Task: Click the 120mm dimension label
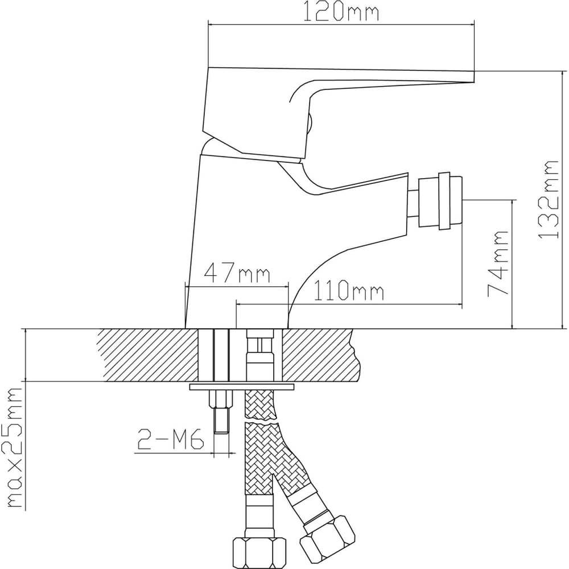click(x=341, y=11)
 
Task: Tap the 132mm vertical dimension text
click(x=547, y=199)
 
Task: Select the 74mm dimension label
click(x=498, y=263)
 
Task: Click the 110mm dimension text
click(x=348, y=290)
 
